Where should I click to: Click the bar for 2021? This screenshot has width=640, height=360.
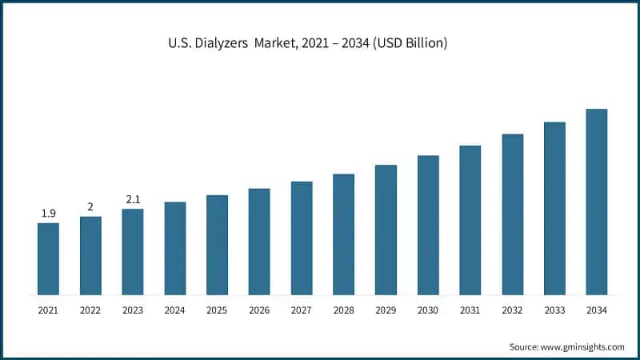(x=48, y=258)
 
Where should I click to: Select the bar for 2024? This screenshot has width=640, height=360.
(x=175, y=248)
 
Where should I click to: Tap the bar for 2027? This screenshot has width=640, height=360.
(x=302, y=238)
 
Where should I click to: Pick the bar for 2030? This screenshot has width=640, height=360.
(x=428, y=225)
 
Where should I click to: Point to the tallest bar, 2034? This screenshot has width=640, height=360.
(x=597, y=202)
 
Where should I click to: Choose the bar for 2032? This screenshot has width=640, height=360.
(x=513, y=214)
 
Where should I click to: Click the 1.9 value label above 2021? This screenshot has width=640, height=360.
(x=48, y=213)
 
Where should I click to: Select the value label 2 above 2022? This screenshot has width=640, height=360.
(x=90, y=206)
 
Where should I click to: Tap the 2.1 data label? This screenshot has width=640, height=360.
(x=133, y=199)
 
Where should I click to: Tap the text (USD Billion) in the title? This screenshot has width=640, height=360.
(x=408, y=43)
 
